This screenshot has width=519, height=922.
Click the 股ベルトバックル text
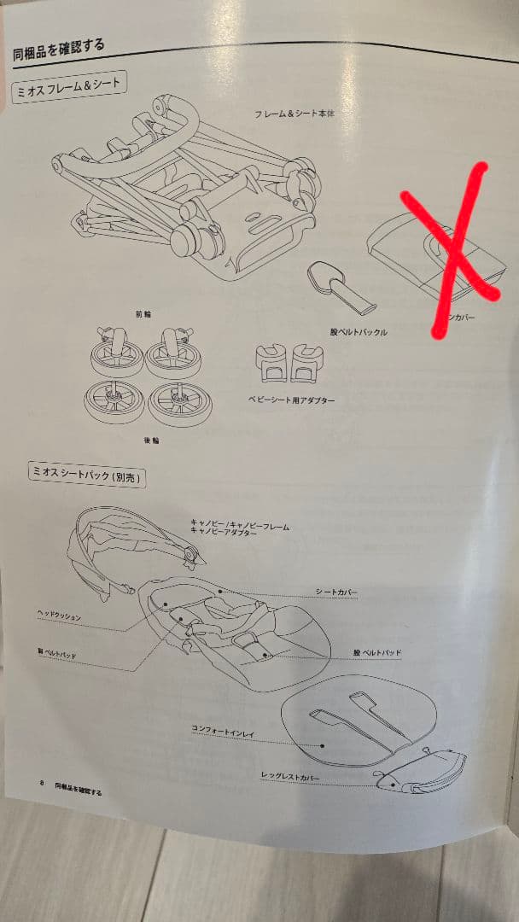pyautogui.click(x=359, y=331)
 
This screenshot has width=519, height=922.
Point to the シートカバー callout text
pyautogui.click(x=336, y=592)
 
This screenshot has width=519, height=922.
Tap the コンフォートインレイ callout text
pyautogui.click(x=224, y=728)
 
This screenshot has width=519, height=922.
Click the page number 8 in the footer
pyautogui.click(x=41, y=783)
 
